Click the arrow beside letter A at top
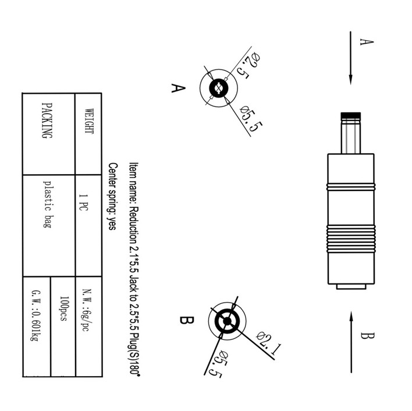351,58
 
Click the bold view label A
178,88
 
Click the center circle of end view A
218,89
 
